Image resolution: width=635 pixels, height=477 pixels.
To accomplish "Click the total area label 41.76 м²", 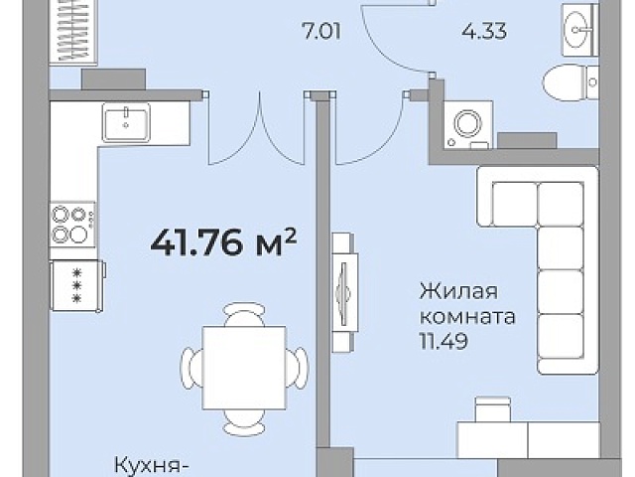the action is (223, 242).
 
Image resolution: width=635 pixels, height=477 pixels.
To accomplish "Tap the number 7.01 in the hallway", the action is (322, 32).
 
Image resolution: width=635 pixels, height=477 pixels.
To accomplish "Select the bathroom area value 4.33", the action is (484, 31).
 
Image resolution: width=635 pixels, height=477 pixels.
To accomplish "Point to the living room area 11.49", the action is (444, 342).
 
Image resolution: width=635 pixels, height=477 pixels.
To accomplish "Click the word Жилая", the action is (458, 291).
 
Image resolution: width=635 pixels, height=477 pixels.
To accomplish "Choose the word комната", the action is (467, 316).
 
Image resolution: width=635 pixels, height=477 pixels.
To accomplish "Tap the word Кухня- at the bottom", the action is (152, 465).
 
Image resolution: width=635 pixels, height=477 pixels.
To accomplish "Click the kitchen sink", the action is (126, 122).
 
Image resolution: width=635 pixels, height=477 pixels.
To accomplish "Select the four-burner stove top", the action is (72, 225).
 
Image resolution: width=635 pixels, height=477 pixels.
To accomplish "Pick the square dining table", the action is (244, 368).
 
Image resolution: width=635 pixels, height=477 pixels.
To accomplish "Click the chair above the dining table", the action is (245, 314).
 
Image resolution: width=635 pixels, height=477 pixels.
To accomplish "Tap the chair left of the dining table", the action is (191, 368).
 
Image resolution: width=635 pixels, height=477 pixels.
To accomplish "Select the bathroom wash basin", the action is (579, 30).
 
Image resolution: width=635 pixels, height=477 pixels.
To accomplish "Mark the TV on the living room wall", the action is (344, 292).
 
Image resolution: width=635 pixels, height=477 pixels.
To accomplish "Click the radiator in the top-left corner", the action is (73, 31).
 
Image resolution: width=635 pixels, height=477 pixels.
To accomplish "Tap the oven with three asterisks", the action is (77, 286).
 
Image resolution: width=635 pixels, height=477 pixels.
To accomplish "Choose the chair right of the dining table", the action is (298, 368).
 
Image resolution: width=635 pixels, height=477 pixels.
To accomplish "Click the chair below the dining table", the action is (245, 421).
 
